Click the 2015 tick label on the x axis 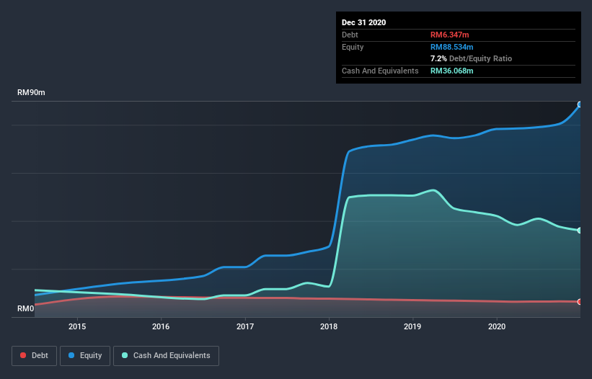click(77, 326)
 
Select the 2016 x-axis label click(161, 326)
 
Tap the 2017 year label click(245, 326)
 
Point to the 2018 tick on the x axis click(329, 326)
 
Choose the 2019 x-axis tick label click(413, 326)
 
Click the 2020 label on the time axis click(497, 326)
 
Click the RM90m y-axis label click(31, 93)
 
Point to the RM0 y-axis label click(25, 308)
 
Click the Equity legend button click(85, 355)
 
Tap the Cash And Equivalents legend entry click(166, 355)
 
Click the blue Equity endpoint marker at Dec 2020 click(580, 104)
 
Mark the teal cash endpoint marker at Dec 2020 click(580, 231)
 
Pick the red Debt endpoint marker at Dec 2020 click(580, 302)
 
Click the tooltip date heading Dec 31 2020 click(363, 22)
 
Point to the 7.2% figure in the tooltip click(440, 58)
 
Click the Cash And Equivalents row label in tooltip click(380, 71)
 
